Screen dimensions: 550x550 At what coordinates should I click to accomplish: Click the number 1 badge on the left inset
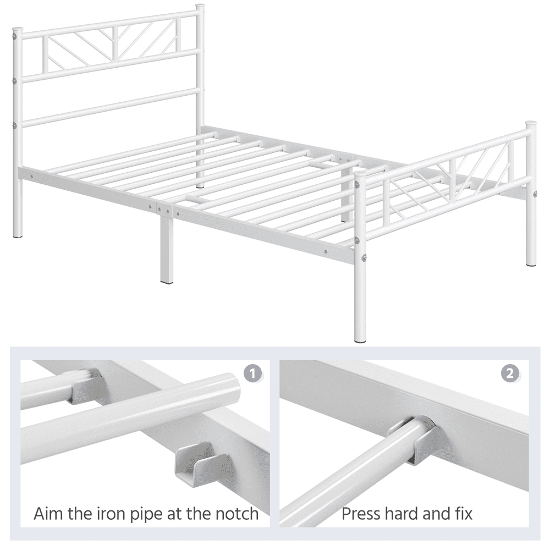tap(252, 374)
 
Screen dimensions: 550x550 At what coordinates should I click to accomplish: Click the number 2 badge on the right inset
tap(510, 374)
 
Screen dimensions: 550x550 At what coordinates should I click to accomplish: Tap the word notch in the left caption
tap(233, 514)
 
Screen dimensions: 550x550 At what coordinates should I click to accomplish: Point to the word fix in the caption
tap(461, 514)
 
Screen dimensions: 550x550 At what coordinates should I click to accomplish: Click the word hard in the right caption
tap(403, 514)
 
